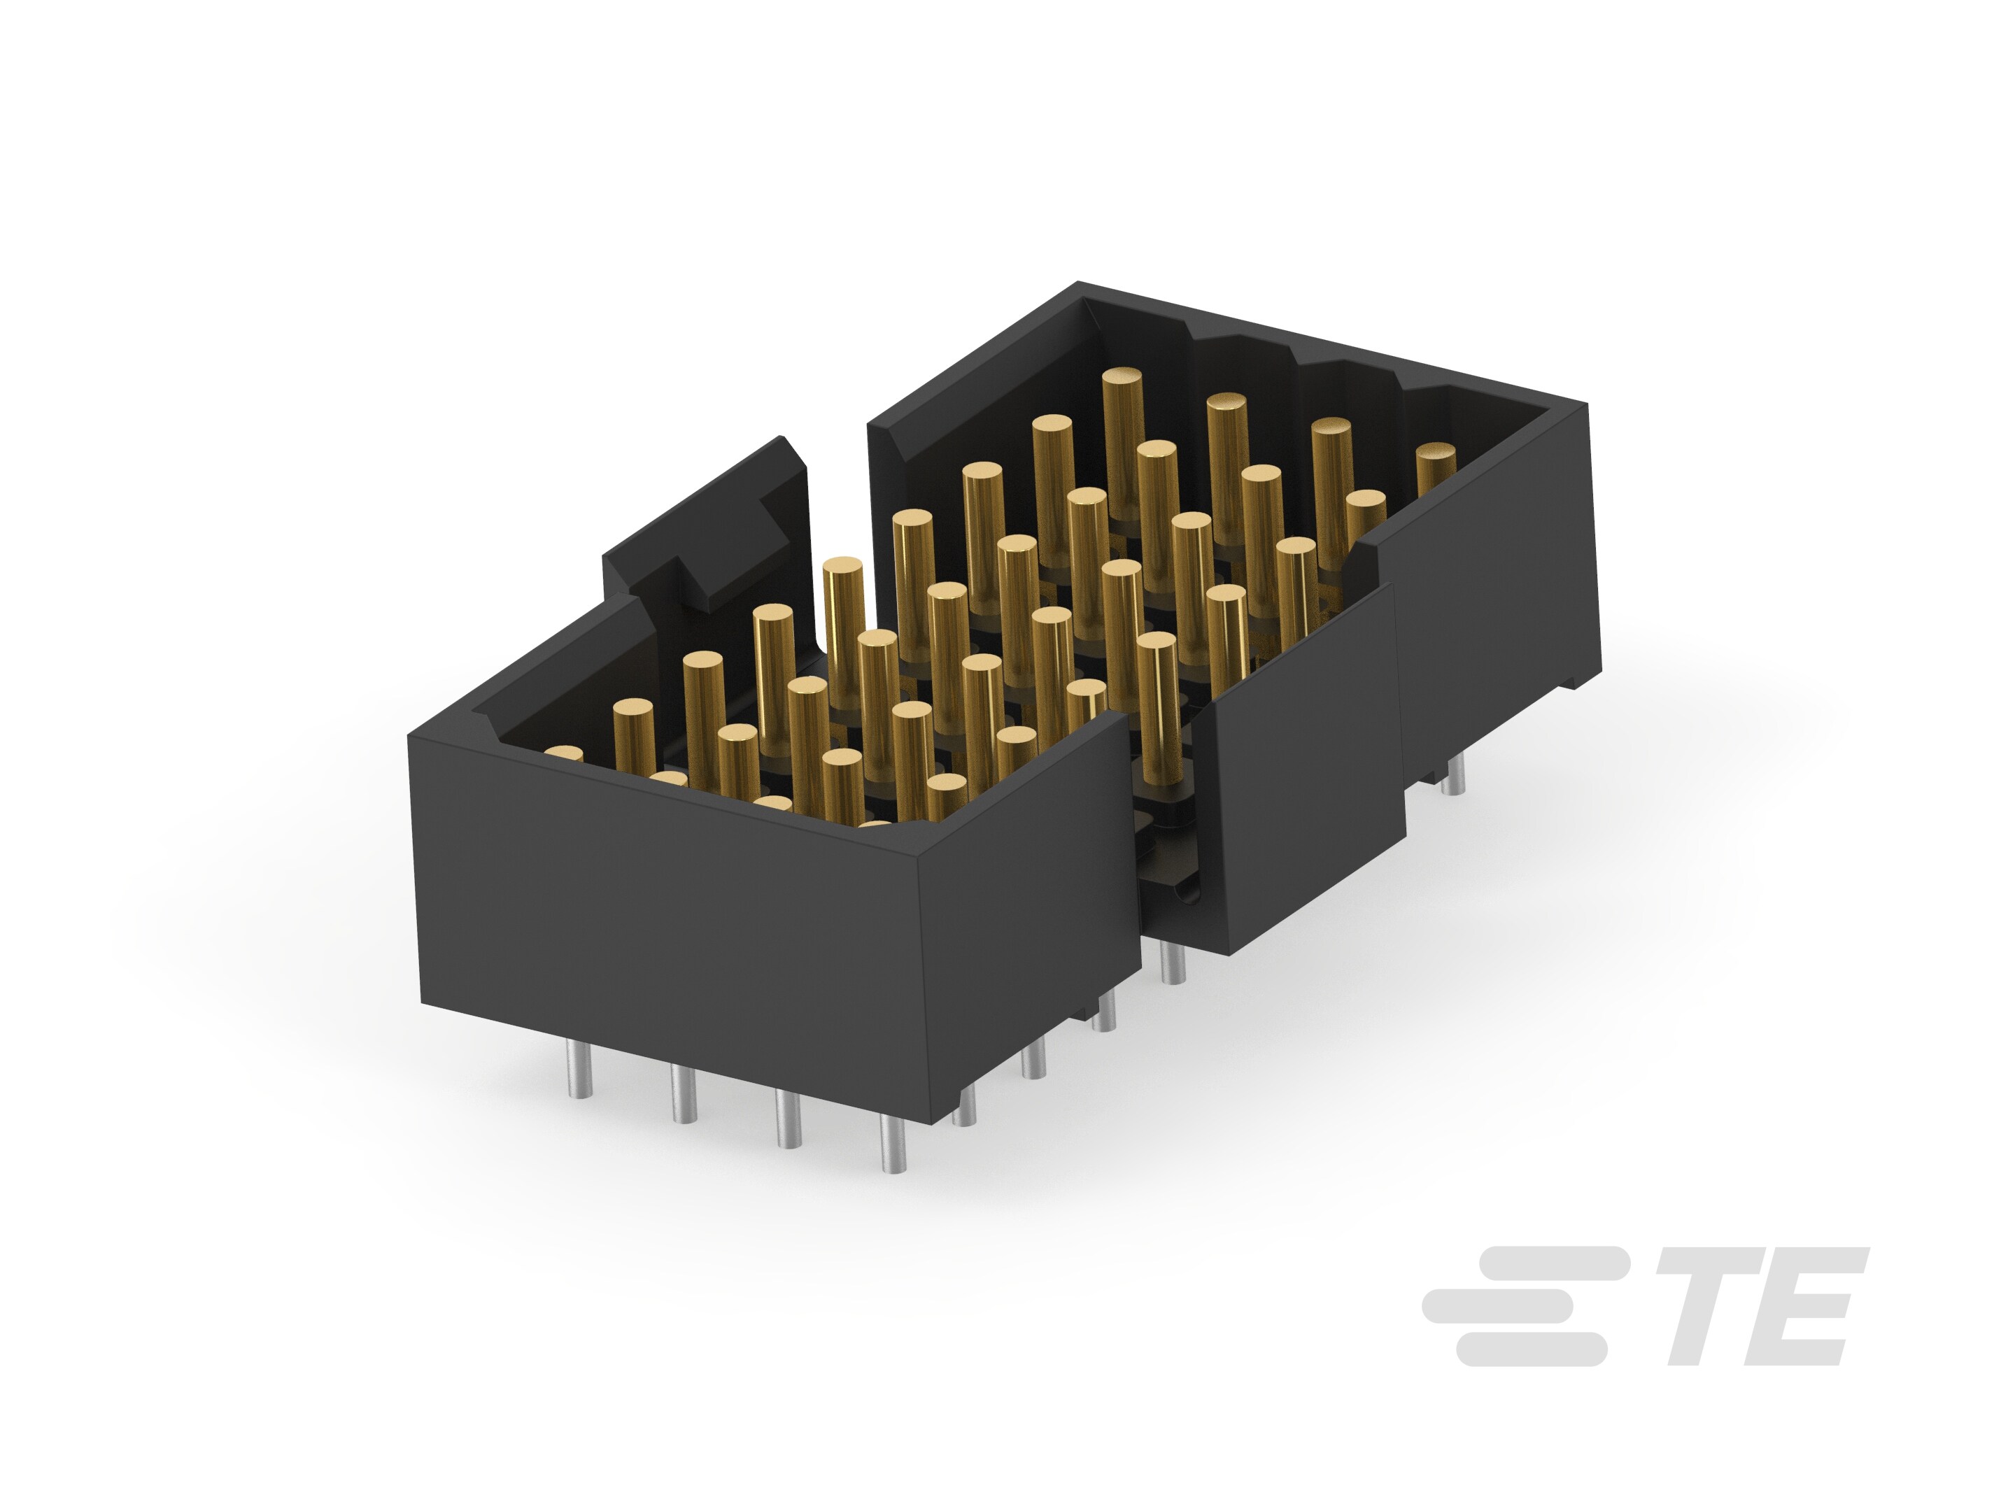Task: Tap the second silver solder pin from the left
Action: point(682,1093)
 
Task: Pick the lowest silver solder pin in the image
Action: point(893,1144)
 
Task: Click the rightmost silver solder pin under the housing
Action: point(1453,774)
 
